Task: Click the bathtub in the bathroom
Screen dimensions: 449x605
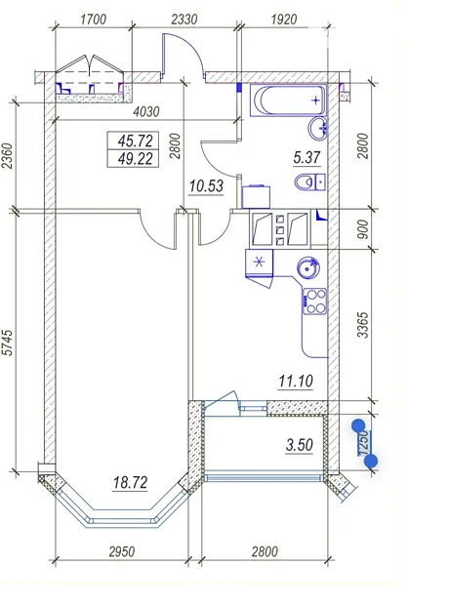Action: click(288, 101)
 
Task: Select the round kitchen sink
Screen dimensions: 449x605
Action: click(308, 267)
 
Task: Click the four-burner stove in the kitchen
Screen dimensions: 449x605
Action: click(315, 302)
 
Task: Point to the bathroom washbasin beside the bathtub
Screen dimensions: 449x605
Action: click(318, 128)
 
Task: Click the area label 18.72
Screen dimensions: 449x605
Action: click(130, 482)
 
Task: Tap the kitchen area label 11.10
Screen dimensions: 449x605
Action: click(296, 382)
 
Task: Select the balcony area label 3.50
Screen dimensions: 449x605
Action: click(300, 445)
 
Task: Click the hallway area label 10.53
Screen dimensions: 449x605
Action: click(206, 186)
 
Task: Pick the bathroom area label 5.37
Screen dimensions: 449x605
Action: click(306, 157)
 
